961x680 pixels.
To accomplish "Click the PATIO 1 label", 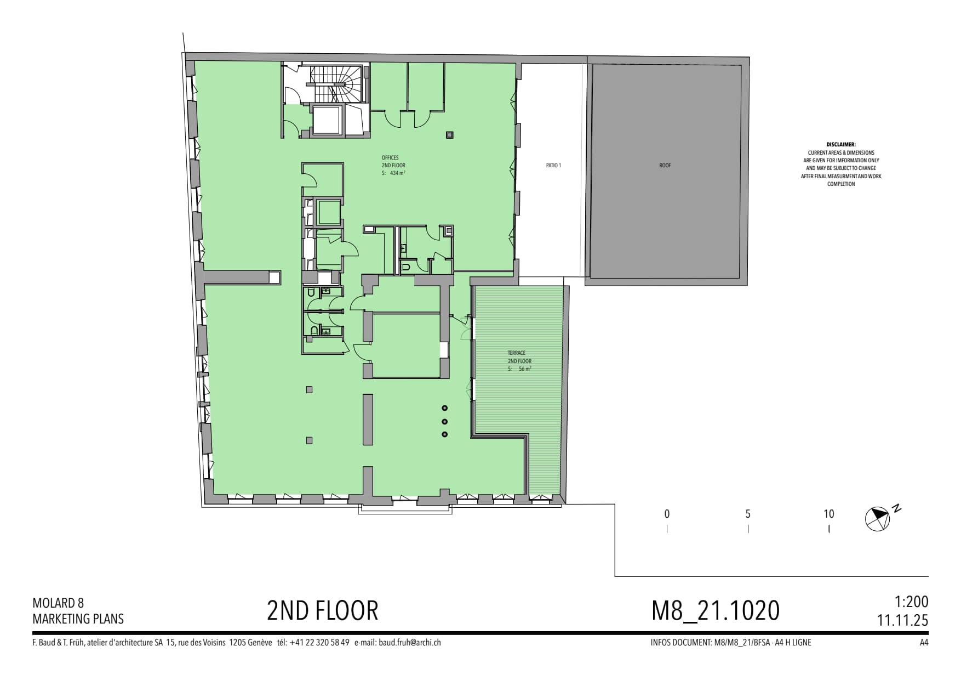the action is (x=553, y=165).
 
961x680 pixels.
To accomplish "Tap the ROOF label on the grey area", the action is (x=665, y=165).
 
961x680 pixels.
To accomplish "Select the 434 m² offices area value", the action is (x=397, y=173).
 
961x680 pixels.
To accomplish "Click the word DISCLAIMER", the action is (x=841, y=145).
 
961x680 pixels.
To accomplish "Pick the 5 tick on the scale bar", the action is (x=748, y=529).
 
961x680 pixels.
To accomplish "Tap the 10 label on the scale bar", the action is (x=828, y=514).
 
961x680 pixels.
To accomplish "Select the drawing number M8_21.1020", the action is (x=715, y=610).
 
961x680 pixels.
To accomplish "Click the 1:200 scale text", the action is (x=911, y=602).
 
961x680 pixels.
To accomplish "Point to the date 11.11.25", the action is (x=903, y=620).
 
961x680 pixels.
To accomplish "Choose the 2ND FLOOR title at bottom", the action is (x=323, y=610).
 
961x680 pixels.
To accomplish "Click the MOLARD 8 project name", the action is (x=58, y=603).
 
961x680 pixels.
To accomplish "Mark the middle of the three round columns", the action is (x=445, y=421).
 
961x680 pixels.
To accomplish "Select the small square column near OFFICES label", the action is (x=450, y=135).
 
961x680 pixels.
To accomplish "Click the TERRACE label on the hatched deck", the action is (x=516, y=353).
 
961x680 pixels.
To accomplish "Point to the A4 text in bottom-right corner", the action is (x=924, y=642).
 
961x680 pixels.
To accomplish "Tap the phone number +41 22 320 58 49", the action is (x=319, y=642).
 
